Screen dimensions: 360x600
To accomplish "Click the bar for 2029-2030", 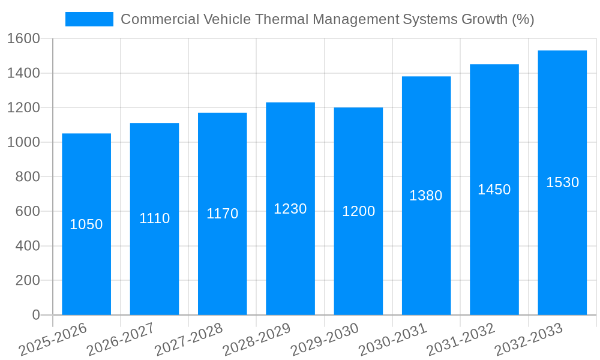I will click(x=358, y=264).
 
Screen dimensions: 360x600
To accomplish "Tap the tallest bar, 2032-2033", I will click(x=562, y=252).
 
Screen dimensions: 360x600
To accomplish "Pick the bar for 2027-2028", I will click(x=222, y=264).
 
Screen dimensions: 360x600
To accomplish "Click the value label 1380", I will click(x=426, y=196).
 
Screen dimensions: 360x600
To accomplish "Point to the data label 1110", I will click(x=154, y=218).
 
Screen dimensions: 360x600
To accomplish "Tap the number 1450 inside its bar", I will click(x=494, y=190).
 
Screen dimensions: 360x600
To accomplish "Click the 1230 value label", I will click(x=290, y=209).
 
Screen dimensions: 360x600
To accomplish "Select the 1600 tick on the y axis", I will click(x=23, y=38).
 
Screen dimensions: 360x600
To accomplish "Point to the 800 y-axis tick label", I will click(x=27, y=177).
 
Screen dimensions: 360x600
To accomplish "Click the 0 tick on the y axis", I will click(x=35, y=315).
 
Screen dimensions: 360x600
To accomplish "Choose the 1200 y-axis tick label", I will click(x=23, y=108).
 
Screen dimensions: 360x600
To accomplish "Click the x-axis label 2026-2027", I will click(x=121, y=340).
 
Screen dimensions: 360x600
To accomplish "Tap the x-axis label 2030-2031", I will click(x=392, y=340).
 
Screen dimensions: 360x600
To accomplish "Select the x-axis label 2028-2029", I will click(x=257, y=340).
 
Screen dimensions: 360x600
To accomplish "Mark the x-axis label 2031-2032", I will click(x=461, y=340).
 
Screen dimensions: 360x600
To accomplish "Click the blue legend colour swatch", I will click(x=89, y=19).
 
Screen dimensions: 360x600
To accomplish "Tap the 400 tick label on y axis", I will click(x=27, y=246).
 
